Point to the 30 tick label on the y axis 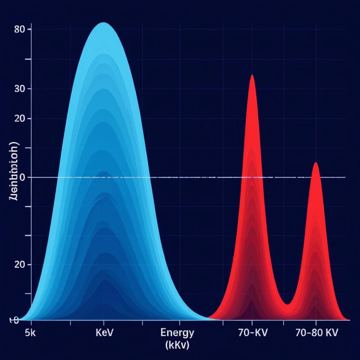[19, 89]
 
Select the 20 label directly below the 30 [19, 118]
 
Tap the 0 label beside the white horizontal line [22, 178]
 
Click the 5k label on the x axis [31, 333]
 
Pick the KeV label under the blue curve [104, 333]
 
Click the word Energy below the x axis [177, 333]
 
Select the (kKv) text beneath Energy [177, 345]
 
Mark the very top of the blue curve [103, 23]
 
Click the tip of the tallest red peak [252, 75]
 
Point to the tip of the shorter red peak [316, 163]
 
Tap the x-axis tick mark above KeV [103, 323]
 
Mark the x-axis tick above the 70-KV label [252, 323]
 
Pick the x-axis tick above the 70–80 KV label [316, 323]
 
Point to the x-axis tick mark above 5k [31, 323]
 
